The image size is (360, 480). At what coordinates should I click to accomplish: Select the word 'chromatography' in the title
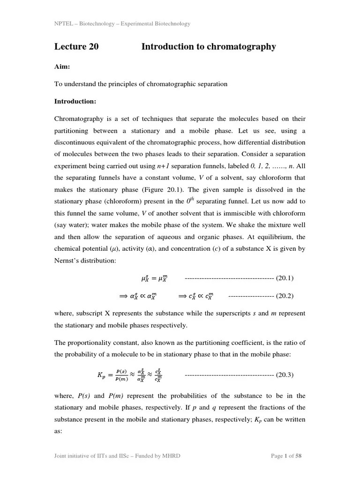(x=246, y=47)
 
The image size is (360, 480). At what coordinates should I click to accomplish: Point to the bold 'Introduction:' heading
(x=75, y=101)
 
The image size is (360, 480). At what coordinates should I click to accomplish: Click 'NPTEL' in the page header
(x=63, y=24)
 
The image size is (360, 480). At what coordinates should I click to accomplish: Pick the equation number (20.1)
(x=285, y=278)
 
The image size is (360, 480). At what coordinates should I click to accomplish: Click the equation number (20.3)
(x=285, y=375)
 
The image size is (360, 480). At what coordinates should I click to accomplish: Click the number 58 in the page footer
(x=299, y=456)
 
